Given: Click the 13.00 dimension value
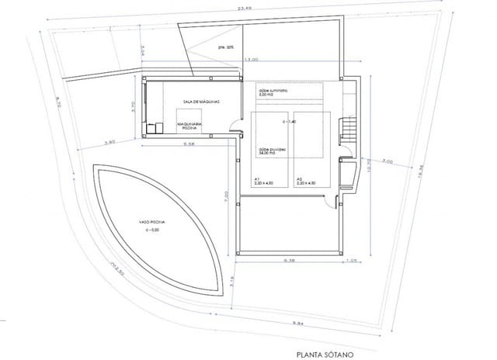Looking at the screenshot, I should (251, 60).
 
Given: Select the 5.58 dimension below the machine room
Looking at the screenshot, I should (189, 145).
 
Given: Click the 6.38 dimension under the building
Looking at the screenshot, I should (289, 260).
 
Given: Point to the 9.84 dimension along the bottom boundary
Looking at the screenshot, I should (299, 322).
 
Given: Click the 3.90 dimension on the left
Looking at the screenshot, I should (109, 143).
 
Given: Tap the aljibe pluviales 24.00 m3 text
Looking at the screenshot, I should (270, 151).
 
